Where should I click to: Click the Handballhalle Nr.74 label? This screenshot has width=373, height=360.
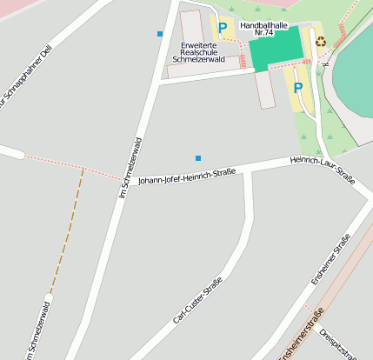coord(263,30)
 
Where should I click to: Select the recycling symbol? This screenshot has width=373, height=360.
coord(320,41)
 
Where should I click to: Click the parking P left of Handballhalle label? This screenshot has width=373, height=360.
coord(223,28)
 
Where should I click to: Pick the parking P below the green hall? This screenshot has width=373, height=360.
coord(298,88)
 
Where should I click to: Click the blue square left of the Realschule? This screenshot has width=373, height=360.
coord(160,34)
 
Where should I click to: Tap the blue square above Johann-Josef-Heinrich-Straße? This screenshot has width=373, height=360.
coord(198,158)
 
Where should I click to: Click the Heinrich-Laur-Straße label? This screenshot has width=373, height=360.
coord(323,170)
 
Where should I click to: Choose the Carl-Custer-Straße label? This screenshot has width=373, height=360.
coord(197,300)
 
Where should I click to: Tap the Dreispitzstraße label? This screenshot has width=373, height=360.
coord(339,342)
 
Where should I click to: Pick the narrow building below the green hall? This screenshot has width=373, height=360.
coord(265,89)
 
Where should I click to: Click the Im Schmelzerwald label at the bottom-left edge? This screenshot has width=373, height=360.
coord(39,329)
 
